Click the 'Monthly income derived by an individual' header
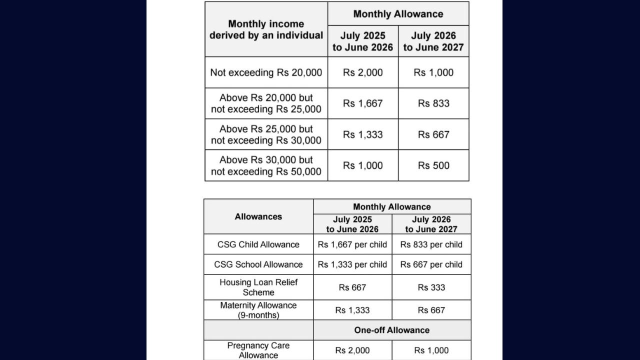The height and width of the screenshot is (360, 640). click(x=266, y=29)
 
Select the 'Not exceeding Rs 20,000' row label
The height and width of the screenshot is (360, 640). click(x=266, y=72)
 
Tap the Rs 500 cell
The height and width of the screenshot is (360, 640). click(x=433, y=165)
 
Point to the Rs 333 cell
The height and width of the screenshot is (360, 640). click(x=431, y=287)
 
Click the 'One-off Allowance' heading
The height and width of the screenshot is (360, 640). click(x=392, y=330)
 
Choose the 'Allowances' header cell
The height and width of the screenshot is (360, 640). click(x=258, y=216)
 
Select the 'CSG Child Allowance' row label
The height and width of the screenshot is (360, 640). click(x=258, y=244)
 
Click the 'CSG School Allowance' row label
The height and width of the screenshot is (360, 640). click(x=258, y=264)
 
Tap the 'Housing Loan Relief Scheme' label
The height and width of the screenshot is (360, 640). click(x=258, y=287)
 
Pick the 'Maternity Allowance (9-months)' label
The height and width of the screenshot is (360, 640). click(x=258, y=310)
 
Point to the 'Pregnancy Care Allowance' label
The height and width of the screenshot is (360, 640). click(x=258, y=350)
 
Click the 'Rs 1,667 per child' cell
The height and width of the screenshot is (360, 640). click(x=352, y=244)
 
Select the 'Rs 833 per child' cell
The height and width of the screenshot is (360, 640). click(x=431, y=244)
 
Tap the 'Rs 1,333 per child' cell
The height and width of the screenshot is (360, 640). click(x=352, y=264)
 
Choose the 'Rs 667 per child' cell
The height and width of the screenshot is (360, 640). click(x=431, y=264)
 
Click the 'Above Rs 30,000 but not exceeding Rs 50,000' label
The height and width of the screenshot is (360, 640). click(x=266, y=165)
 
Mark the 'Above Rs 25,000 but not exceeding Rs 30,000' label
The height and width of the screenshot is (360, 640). click(x=266, y=134)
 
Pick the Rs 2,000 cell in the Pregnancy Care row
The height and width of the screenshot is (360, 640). click(x=352, y=350)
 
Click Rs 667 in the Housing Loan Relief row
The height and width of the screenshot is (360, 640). click(x=352, y=287)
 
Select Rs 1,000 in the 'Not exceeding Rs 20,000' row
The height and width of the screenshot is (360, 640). click(x=433, y=72)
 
